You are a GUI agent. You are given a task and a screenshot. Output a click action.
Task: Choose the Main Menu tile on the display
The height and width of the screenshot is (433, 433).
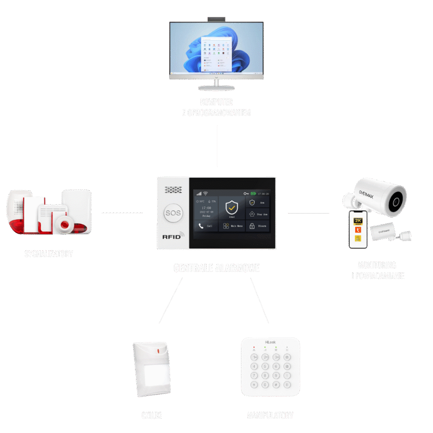(232, 226)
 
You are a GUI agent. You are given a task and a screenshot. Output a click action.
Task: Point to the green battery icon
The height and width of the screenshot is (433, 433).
(253, 194)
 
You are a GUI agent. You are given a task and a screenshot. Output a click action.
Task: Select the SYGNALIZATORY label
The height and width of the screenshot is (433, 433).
(49, 254)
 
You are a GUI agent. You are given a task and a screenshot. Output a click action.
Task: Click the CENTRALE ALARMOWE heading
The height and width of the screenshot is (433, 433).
(216, 268)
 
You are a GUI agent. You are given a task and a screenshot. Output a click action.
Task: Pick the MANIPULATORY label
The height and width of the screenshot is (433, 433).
(270, 415)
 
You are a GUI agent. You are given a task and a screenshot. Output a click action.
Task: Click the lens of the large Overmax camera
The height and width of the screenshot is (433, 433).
(396, 201)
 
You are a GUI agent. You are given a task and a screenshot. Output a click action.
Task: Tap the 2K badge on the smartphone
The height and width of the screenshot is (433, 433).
(358, 221)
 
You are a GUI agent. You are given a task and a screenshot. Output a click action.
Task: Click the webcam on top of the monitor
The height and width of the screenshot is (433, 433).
(216, 19)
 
